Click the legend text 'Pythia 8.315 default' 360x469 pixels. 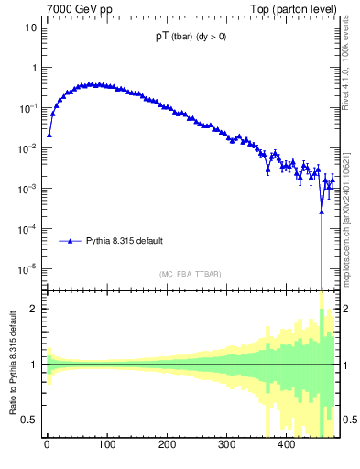pos(125,241)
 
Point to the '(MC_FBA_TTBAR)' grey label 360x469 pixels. pos(190,274)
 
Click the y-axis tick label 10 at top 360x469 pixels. pos(30,27)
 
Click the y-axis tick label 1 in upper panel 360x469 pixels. pos(33,68)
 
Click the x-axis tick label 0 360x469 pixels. pos(47,444)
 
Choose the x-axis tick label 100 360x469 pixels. pos(106,444)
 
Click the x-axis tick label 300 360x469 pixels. pos(226,444)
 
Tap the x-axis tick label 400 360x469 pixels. pos(286,444)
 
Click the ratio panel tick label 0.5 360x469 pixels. pos(29,420)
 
